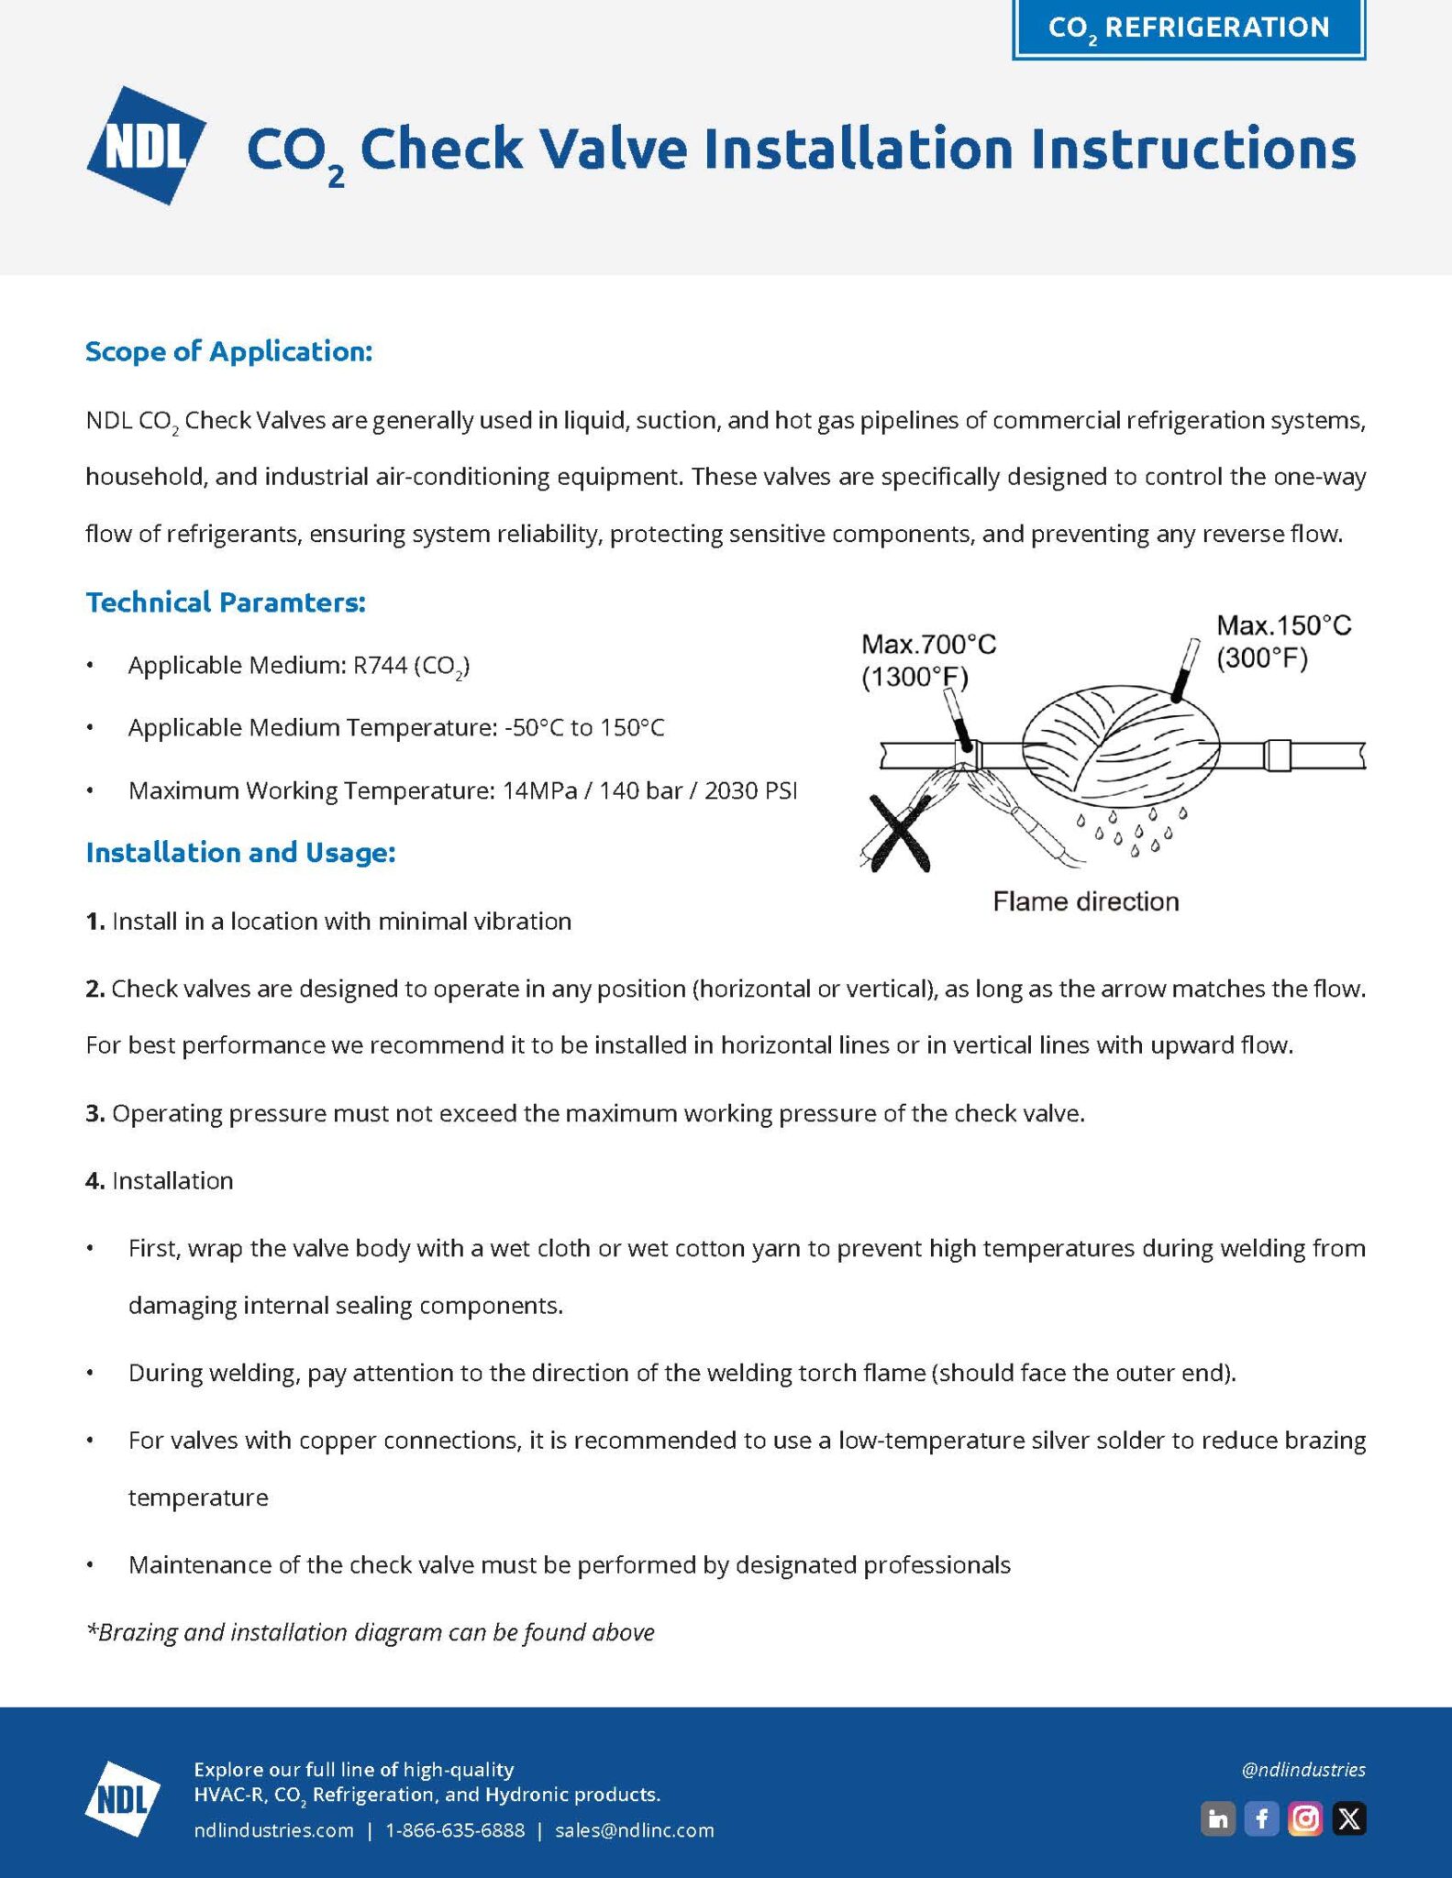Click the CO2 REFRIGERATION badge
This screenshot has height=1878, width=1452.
[1189, 28]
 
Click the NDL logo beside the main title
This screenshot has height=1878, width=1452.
[147, 145]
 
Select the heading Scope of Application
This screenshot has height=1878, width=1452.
[229, 351]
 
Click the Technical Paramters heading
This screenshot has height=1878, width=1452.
[226, 602]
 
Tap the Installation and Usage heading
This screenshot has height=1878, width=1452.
[240, 853]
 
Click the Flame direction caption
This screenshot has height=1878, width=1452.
[1086, 901]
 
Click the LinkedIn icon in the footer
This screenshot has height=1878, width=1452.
[1218, 1818]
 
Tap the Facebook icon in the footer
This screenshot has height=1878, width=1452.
[1262, 1818]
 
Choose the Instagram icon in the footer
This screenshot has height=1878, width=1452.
[1305, 1818]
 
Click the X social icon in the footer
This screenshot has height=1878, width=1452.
[1349, 1818]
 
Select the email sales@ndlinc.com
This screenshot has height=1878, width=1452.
[635, 1830]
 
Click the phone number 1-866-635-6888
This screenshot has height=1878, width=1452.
[455, 1830]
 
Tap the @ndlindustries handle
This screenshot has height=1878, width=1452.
[1303, 1770]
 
